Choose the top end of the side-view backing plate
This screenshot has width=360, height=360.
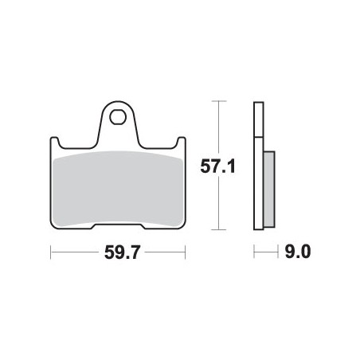[x=258, y=104]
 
